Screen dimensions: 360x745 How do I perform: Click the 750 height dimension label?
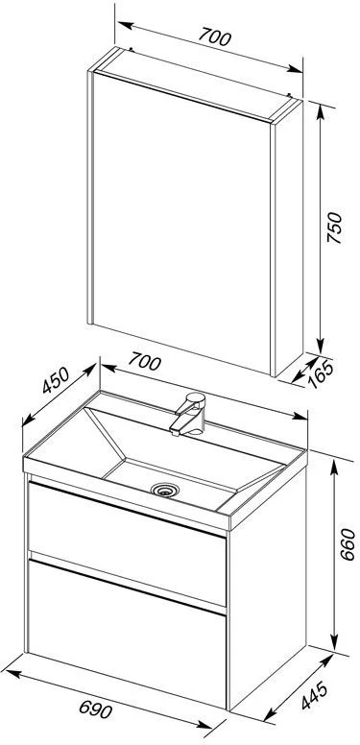click(335, 228)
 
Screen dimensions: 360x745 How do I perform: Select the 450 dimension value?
click(56, 379)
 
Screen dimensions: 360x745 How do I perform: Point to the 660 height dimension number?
click(348, 544)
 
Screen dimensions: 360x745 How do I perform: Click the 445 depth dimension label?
click(314, 696)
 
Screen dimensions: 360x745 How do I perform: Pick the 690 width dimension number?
click(95, 709)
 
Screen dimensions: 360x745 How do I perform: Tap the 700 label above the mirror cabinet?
click(215, 36)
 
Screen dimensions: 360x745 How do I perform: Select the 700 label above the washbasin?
click(144, 362)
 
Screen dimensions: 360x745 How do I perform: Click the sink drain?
click(165, 490)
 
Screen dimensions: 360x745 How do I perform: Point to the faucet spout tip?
click(175, 431)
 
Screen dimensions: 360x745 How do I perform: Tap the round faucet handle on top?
click(196, 397)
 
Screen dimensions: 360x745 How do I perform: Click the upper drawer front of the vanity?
click(127, 542)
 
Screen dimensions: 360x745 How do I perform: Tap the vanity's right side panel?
click(268, 589)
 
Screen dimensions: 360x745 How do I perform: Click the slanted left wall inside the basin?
click(104, 440)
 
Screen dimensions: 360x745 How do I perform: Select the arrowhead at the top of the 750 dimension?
click(321, 110)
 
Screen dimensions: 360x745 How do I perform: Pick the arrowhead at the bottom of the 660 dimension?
click(335, 645)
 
